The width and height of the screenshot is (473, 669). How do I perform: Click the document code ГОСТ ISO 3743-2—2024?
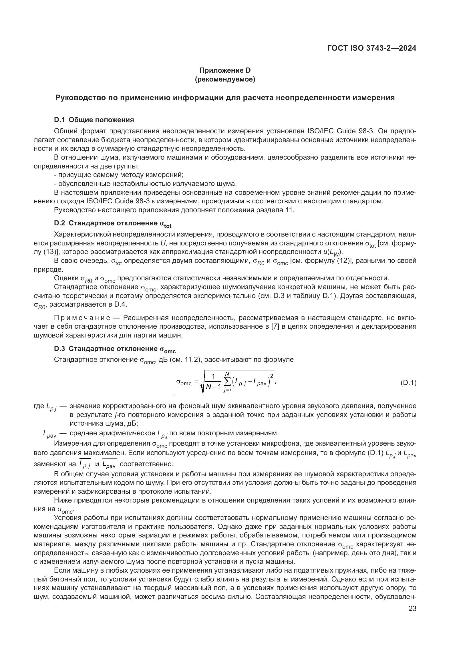[371, 48]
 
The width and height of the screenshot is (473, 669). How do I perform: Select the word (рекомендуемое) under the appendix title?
[224, 79]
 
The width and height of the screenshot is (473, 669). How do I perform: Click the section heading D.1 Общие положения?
[94, 120]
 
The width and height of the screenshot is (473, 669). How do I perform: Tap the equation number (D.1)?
[408, 383]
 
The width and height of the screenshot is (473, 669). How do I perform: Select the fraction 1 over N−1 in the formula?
[214, 382]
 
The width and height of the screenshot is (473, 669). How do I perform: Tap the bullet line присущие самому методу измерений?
[119, 175]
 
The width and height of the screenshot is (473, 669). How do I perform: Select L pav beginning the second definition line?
[49, 434]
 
